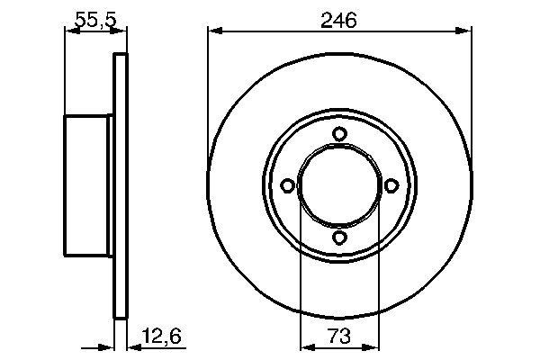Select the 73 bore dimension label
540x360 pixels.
point(339,337)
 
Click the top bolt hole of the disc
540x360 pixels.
point(339,135)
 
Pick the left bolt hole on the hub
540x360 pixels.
point(288,186)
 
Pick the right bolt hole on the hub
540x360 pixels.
point(391,186)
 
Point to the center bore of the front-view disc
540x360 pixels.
point(339,186)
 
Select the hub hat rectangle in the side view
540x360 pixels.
point(88,186)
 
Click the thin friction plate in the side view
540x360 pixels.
point(118,186)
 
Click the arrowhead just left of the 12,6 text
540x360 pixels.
point(127,346)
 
